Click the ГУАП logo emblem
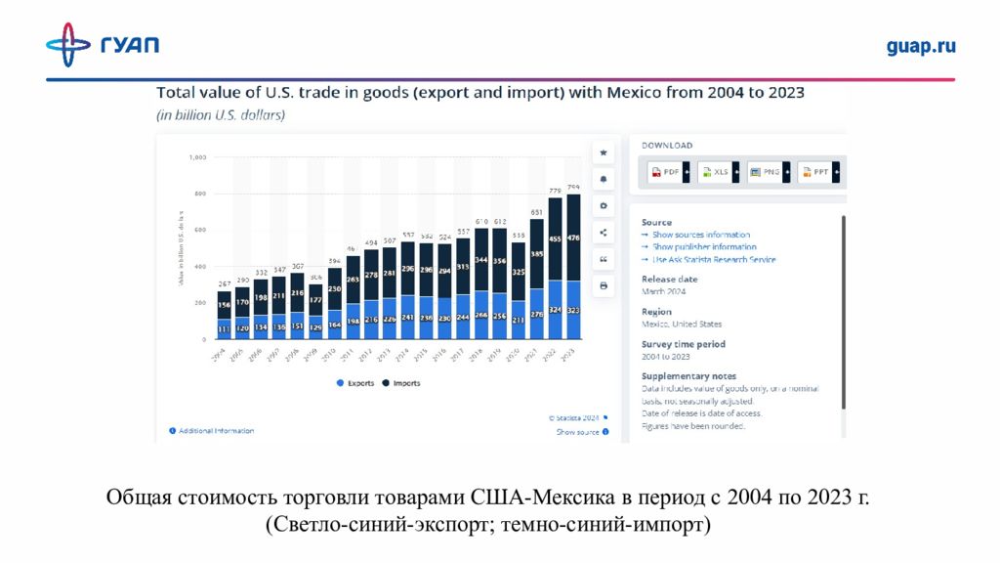pos(68,45)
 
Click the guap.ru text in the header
pos(920,46)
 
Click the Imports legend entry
pos(402,383)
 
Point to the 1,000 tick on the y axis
pos(197,157)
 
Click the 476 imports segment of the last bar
pos(573,238)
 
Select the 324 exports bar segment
pos(555,310)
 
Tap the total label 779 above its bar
pos(555,192)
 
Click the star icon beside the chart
pos(604,153)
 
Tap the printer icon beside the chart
pos(604,285)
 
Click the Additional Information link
pos(216,431)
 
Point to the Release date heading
pos(669,280)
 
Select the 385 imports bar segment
pos(537,253)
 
